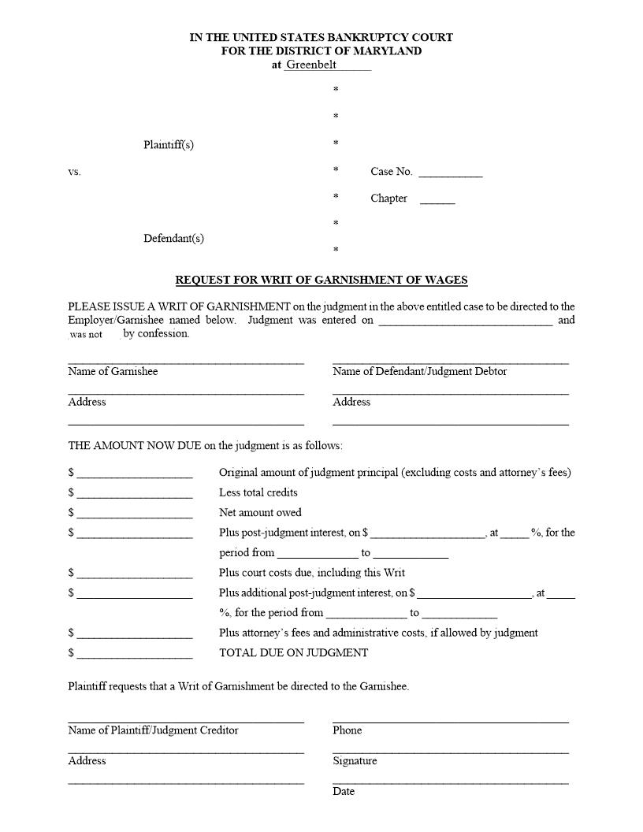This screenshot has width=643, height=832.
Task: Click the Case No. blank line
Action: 450,172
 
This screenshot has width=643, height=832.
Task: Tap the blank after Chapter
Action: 437,199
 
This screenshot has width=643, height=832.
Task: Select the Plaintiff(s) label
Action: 168,145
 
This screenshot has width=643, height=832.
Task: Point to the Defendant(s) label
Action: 173,238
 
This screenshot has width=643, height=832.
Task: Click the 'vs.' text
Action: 74,172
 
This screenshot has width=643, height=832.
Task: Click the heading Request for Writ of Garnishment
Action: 321,280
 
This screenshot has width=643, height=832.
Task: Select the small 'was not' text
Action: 86,334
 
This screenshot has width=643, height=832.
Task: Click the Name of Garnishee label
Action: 113,371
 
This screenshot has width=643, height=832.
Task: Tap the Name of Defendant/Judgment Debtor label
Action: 419,371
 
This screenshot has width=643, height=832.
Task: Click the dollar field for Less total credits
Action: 135,493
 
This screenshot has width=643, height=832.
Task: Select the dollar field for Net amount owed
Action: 135,513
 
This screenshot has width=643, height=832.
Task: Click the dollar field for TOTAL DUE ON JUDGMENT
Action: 135,653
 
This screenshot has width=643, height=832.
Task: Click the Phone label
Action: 347,730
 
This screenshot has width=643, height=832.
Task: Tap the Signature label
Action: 355,761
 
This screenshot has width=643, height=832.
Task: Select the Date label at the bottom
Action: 344,791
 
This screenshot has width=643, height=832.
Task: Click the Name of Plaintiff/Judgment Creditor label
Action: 153,730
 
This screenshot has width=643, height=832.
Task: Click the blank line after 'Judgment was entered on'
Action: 465,321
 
